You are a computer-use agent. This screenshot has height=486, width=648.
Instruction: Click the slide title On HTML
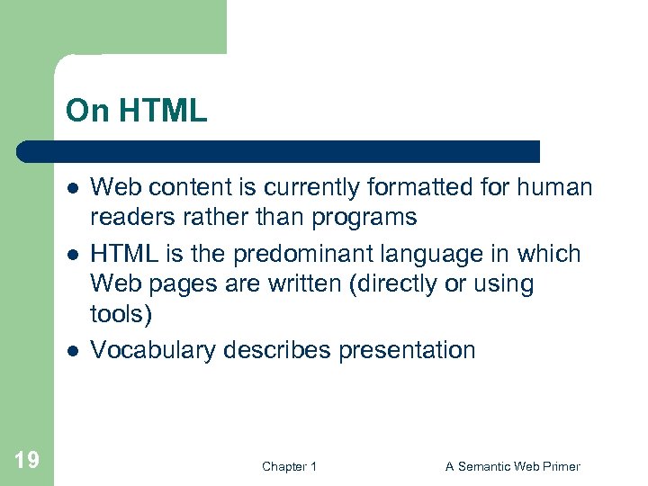136,111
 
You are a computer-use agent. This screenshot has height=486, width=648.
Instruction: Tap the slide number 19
27,461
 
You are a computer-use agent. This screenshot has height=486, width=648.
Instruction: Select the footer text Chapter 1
289,466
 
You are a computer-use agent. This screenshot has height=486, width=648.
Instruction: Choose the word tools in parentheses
118,313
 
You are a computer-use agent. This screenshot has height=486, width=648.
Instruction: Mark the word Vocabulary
154,350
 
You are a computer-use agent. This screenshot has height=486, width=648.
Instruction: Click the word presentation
407,350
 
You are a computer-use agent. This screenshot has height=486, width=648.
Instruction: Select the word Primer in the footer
561,466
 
